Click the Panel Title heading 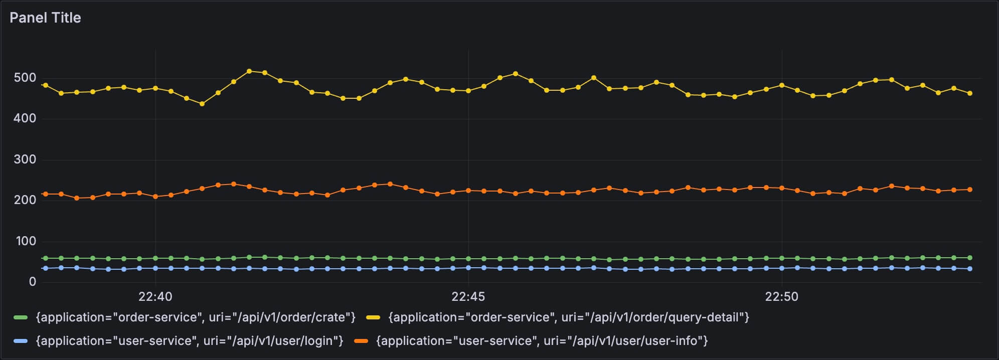(45, 18)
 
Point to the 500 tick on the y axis (25, 78)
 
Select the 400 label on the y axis (25, 118)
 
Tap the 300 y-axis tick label (25, 159)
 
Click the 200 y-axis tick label (25, 200)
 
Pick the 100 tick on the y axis (26, 241)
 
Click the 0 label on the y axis (33, 282)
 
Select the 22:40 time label (155, 297)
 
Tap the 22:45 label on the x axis (468, 297)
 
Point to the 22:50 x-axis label (781, 297)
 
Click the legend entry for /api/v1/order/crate (196, 317)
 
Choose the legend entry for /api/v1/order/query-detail (569, 317)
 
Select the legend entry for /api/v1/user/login (190, 341)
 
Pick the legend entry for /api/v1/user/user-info (542, 341)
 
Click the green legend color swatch (21, 317)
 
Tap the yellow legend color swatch (373, 317)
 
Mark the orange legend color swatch (361, 341)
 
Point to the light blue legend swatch (21, 341)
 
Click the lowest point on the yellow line (202, 104)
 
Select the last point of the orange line (970, 190)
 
